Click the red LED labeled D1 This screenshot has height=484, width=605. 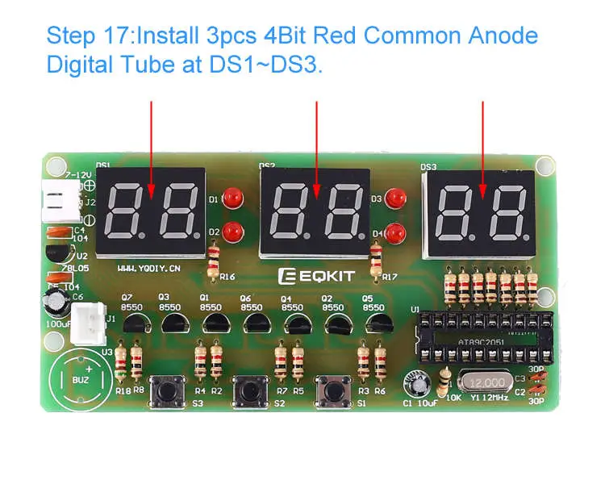[x=233, y=198]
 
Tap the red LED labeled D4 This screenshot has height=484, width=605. [x=395, y=232]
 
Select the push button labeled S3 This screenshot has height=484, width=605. [x=168, y=390]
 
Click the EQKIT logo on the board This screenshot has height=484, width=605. [x=317, y=276]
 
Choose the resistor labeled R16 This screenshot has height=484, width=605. [x=214, y=261]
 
